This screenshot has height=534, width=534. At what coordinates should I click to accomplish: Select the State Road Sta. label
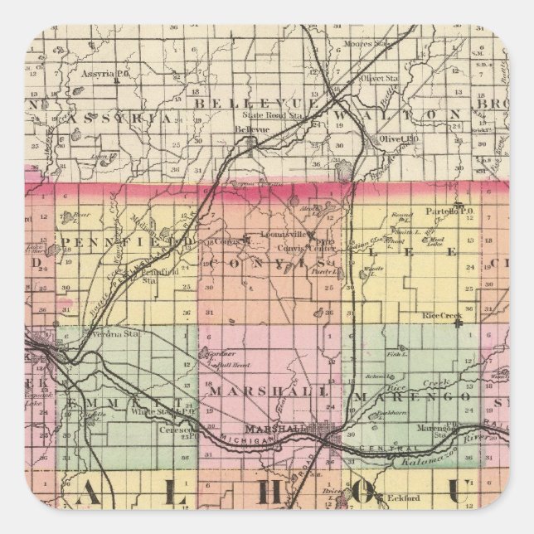(x=284, y=115)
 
